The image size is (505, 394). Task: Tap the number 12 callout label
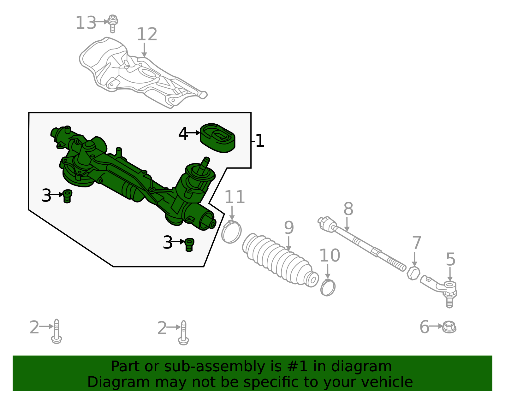[147, 34]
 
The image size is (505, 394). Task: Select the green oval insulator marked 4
[218, 138]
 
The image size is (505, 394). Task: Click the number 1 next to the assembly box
[260, 141]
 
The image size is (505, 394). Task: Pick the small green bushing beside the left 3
[67, 196]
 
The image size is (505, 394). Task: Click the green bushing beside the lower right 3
[189, 244]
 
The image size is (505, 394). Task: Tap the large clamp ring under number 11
[231, 232]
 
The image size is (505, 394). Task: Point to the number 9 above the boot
[289, 228]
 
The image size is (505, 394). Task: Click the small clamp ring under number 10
[328, 287]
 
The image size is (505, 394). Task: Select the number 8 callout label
[348, 209]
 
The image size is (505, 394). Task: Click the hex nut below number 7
[413, 273]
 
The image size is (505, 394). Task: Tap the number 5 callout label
[450, 259]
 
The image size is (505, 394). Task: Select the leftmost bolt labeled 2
[56, 331]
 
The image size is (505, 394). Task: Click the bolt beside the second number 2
[183, 333]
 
